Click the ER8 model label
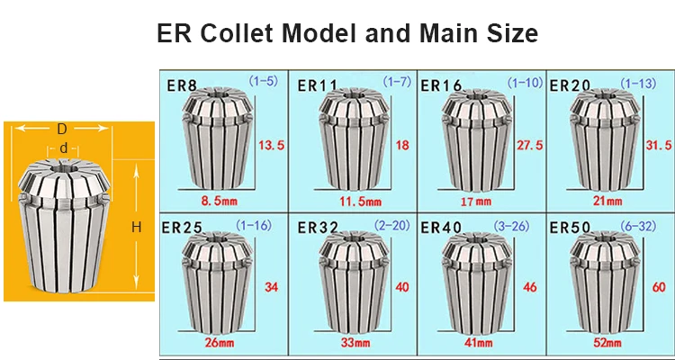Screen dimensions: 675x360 [183, 86]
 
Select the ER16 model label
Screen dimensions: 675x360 [441, 85]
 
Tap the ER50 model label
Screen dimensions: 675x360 [569, 225]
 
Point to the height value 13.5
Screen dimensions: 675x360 [271, 144]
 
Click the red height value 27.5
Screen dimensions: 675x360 [527, 144]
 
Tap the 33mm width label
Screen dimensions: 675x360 [347, 343]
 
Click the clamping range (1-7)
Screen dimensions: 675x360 [397, 82]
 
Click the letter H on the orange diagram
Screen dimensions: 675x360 [137, 228]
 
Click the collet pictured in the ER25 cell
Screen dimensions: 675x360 [212, 286]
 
